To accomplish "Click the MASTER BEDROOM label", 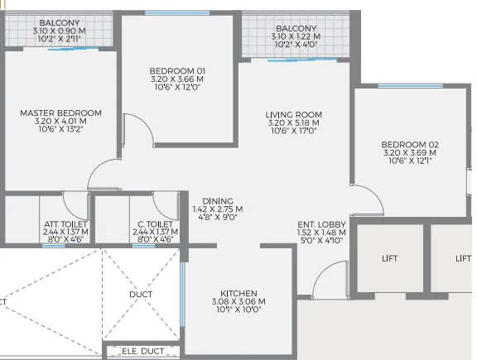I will tap(60, 113).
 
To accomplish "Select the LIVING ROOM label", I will tap(293, 115).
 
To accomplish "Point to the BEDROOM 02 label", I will tap(410, 145).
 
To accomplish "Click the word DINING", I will tap(212, 201).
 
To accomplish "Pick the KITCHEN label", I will tap(238, 294).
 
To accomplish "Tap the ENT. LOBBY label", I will tap(321, 224).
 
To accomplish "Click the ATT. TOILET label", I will tap(65, 224).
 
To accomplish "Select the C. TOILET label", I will tap(155, 224).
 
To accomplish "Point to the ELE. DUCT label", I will tap(142, 352).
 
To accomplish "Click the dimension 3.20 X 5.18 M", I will tap(293, 122).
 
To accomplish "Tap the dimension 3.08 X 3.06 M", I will tap(238, 302).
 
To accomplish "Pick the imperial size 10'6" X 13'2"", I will tap(60, 129).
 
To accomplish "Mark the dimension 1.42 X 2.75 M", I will tap(212, 209).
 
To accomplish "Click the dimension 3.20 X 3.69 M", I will tap(410, 152).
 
